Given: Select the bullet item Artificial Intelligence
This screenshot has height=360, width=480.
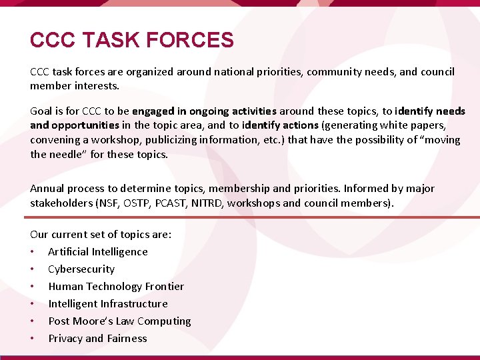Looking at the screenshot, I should [98, 251].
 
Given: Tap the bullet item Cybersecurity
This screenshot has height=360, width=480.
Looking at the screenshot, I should [81, 269].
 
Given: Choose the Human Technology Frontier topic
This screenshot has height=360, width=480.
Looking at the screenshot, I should [116, 286].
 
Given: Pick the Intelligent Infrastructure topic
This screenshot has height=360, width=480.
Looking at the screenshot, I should [108, 303].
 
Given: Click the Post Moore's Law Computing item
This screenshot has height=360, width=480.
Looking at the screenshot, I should [119, 321].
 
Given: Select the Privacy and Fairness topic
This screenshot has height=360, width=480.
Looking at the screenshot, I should [97, 338].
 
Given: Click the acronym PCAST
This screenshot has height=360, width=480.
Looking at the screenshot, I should [175, 203].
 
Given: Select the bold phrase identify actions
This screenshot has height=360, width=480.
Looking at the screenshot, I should [281, 125].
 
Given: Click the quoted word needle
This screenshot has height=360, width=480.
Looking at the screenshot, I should [69, 154].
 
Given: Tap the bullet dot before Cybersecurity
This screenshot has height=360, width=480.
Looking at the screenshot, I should [32, 269].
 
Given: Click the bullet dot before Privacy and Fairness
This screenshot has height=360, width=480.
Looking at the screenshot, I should [32, 339].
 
